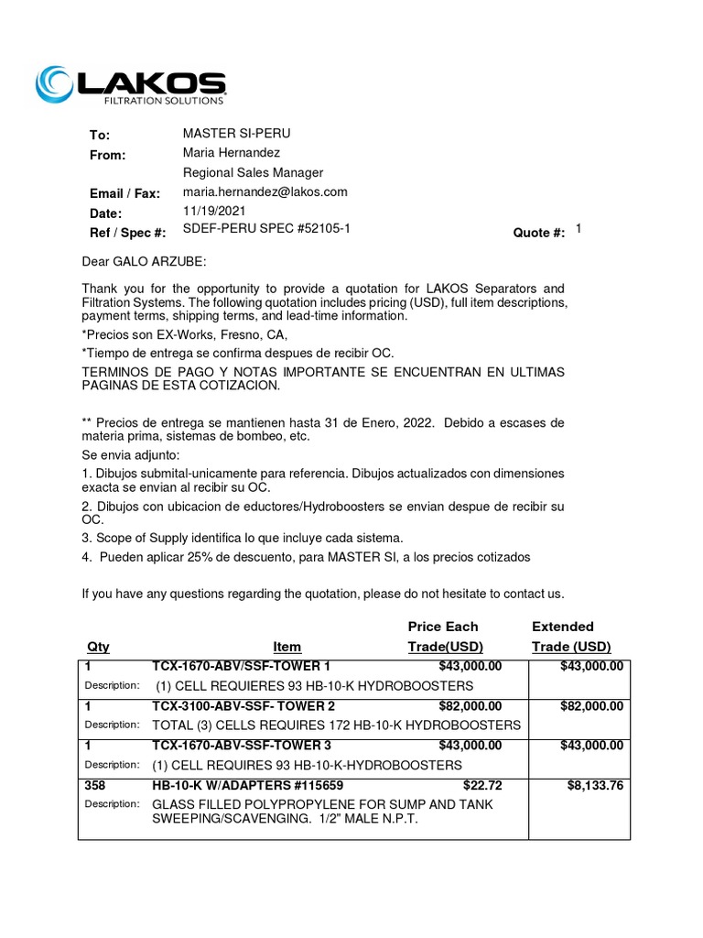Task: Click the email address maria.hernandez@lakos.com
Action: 265,191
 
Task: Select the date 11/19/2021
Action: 214,211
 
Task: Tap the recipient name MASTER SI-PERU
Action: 236,134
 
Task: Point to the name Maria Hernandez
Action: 232,153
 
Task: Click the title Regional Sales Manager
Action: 253,172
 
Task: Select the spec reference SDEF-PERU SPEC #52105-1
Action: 266,229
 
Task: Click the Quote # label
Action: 539,234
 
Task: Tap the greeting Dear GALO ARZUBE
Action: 145,262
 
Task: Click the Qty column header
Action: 98,647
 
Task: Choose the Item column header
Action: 287,647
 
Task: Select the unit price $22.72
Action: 482,785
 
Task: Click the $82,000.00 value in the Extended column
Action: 591,705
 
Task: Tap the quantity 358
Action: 95,785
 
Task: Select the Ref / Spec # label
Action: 127,234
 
